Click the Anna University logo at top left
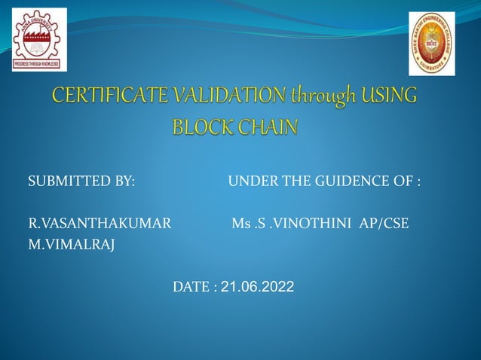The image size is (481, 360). pyautogui.click(x=39, y=39)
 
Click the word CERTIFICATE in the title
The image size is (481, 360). pyautogui.click(x=112, y=98)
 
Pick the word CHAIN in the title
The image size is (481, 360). pyautogui.click(x=269, y=126)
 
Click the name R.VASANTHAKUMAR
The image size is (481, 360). pyautogui.click(x=100, y=224)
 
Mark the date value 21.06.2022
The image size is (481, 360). pyautogui.click(x=258, y=287)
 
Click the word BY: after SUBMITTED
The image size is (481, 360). pyautogui.click(x=123, y=182)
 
